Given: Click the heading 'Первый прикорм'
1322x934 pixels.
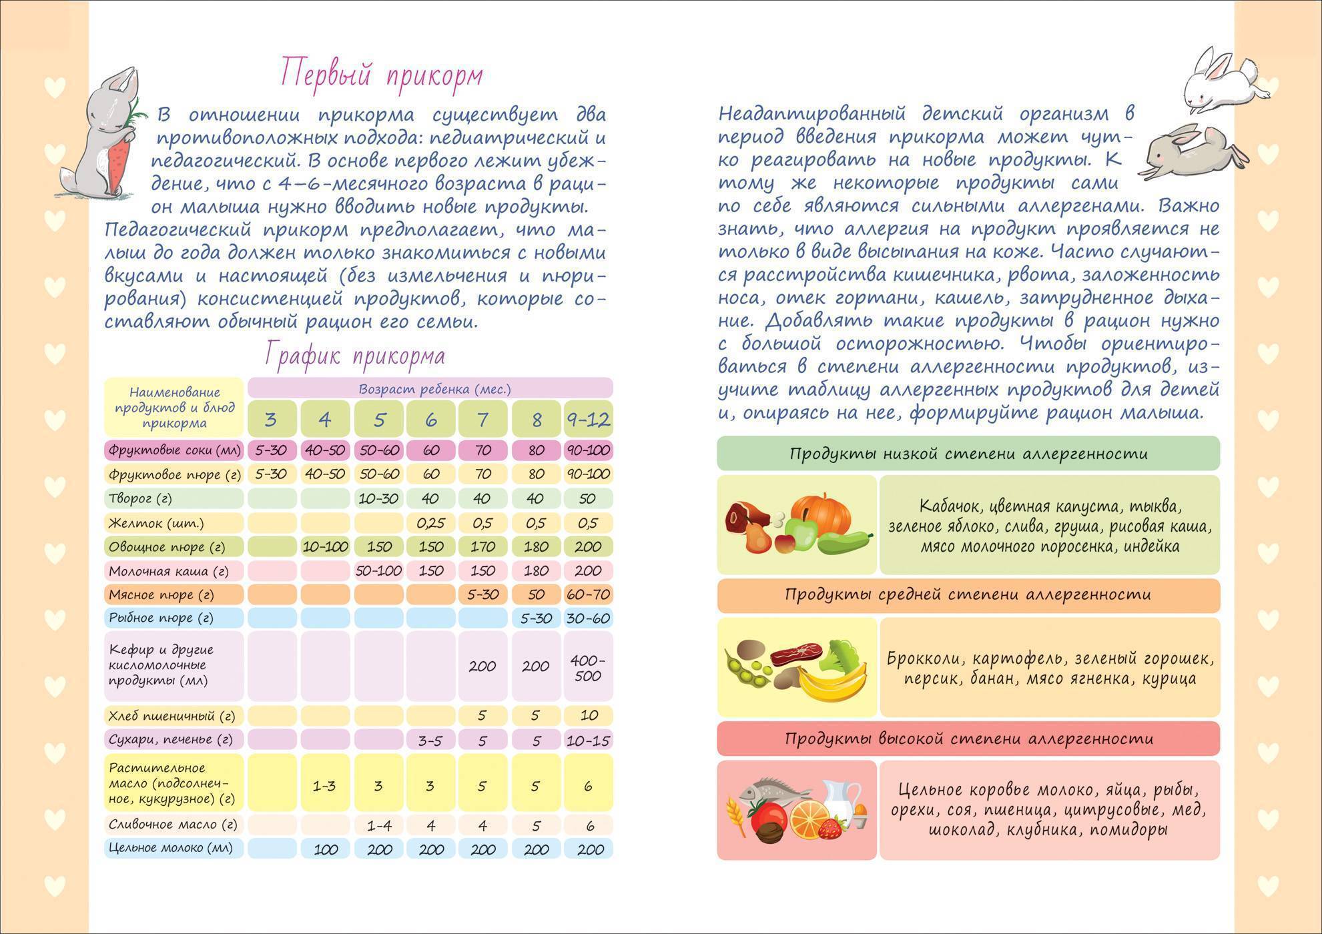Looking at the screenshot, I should pyautogui.click(x=381, y=74).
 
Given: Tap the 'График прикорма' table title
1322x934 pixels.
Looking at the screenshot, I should pyautogui.click(x=354, y=356).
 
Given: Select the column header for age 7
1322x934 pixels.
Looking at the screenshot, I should pyautogui.click(x=483, y=420).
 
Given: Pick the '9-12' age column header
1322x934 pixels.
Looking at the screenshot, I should pyautogui.click(x=588, y=420).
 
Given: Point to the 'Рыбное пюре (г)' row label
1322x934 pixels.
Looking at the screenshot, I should pyautogui.click(x=161, y=618).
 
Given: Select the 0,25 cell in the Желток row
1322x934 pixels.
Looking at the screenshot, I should pyautogui.click(x=430, y=523).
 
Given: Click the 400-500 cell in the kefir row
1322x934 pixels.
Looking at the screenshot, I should pyautogui.click(x=588, y=667).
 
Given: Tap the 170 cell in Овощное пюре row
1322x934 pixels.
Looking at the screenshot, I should pyautogui.click(x=482, y=547).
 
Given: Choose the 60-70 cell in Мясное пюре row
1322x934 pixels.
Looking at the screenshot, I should pyautogui.click(x=588, y=594).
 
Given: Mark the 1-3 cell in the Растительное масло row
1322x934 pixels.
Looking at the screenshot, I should pyautogui.click(x=324, y=786).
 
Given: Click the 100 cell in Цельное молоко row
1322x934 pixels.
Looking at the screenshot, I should pyautogui.click(x=324, y=849).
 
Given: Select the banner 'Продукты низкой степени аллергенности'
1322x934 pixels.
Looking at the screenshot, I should pyautogui.click(x=968, y=454).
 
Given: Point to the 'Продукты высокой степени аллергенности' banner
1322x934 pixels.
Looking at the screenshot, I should pyautogui.click(x=968, y=739).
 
